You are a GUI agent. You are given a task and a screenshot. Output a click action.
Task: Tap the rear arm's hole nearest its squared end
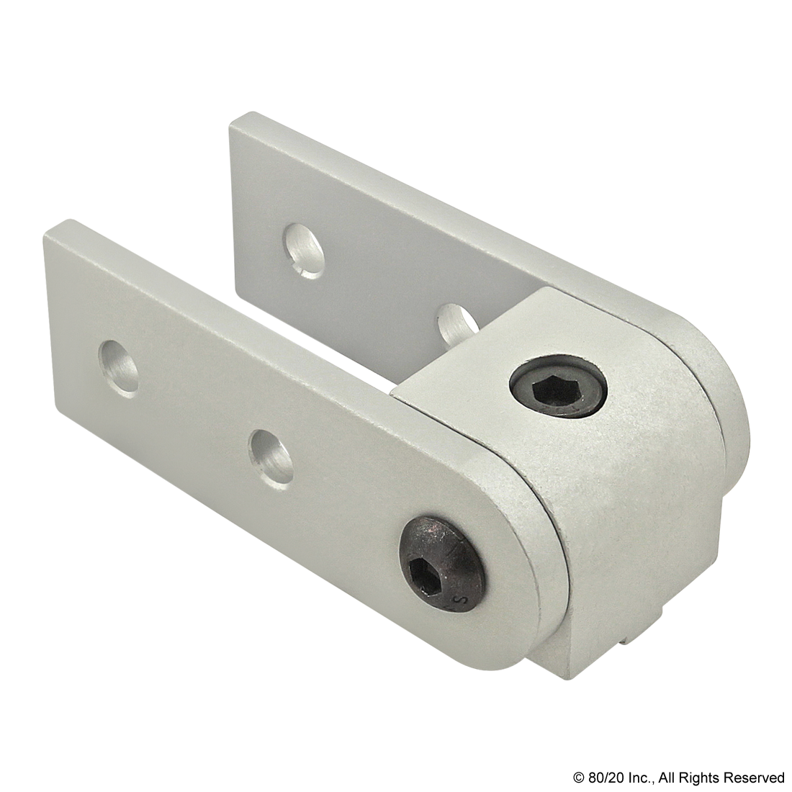pos(302,249)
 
